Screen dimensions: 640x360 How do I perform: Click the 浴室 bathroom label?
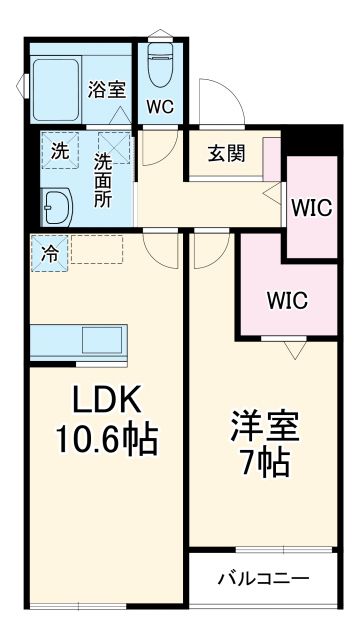click(106, 88)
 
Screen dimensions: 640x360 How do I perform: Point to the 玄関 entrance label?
click(227, 154)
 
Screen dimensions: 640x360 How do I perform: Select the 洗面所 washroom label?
click(102, 178)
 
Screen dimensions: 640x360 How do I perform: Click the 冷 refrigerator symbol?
click(48, 252)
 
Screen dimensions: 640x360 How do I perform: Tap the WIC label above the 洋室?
click(287, 299)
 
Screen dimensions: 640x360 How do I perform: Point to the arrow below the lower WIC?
click(293, 349)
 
